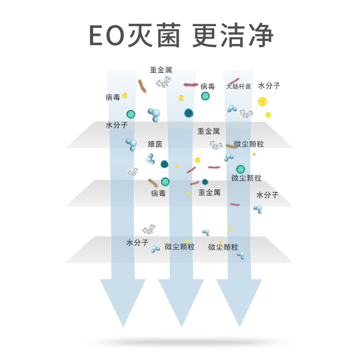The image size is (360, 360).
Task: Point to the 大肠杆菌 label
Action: tap(238, 86)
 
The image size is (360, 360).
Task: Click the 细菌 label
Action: tap(155, 144)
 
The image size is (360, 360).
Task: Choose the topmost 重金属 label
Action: tap(161, 70)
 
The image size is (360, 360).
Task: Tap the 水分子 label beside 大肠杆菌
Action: tap(269, 85)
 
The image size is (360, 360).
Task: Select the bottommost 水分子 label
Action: tap(137, 243)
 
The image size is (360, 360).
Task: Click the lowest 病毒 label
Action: tap(158, 193)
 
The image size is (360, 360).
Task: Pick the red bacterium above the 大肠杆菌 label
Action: tap(234, 81)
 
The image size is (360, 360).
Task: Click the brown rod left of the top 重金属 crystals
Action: tap(142, 86)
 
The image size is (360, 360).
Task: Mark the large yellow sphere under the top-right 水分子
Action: tap(262, 102)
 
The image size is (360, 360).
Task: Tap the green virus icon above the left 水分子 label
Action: tap(130, 114)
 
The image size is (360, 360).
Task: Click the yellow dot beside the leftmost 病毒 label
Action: tap(125, 95)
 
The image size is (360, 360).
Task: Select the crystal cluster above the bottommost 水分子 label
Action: tap(149, 229)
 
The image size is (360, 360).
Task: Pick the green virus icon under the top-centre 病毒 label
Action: tap(205, 96)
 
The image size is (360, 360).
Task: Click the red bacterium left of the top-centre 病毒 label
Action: tap(190, 85)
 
